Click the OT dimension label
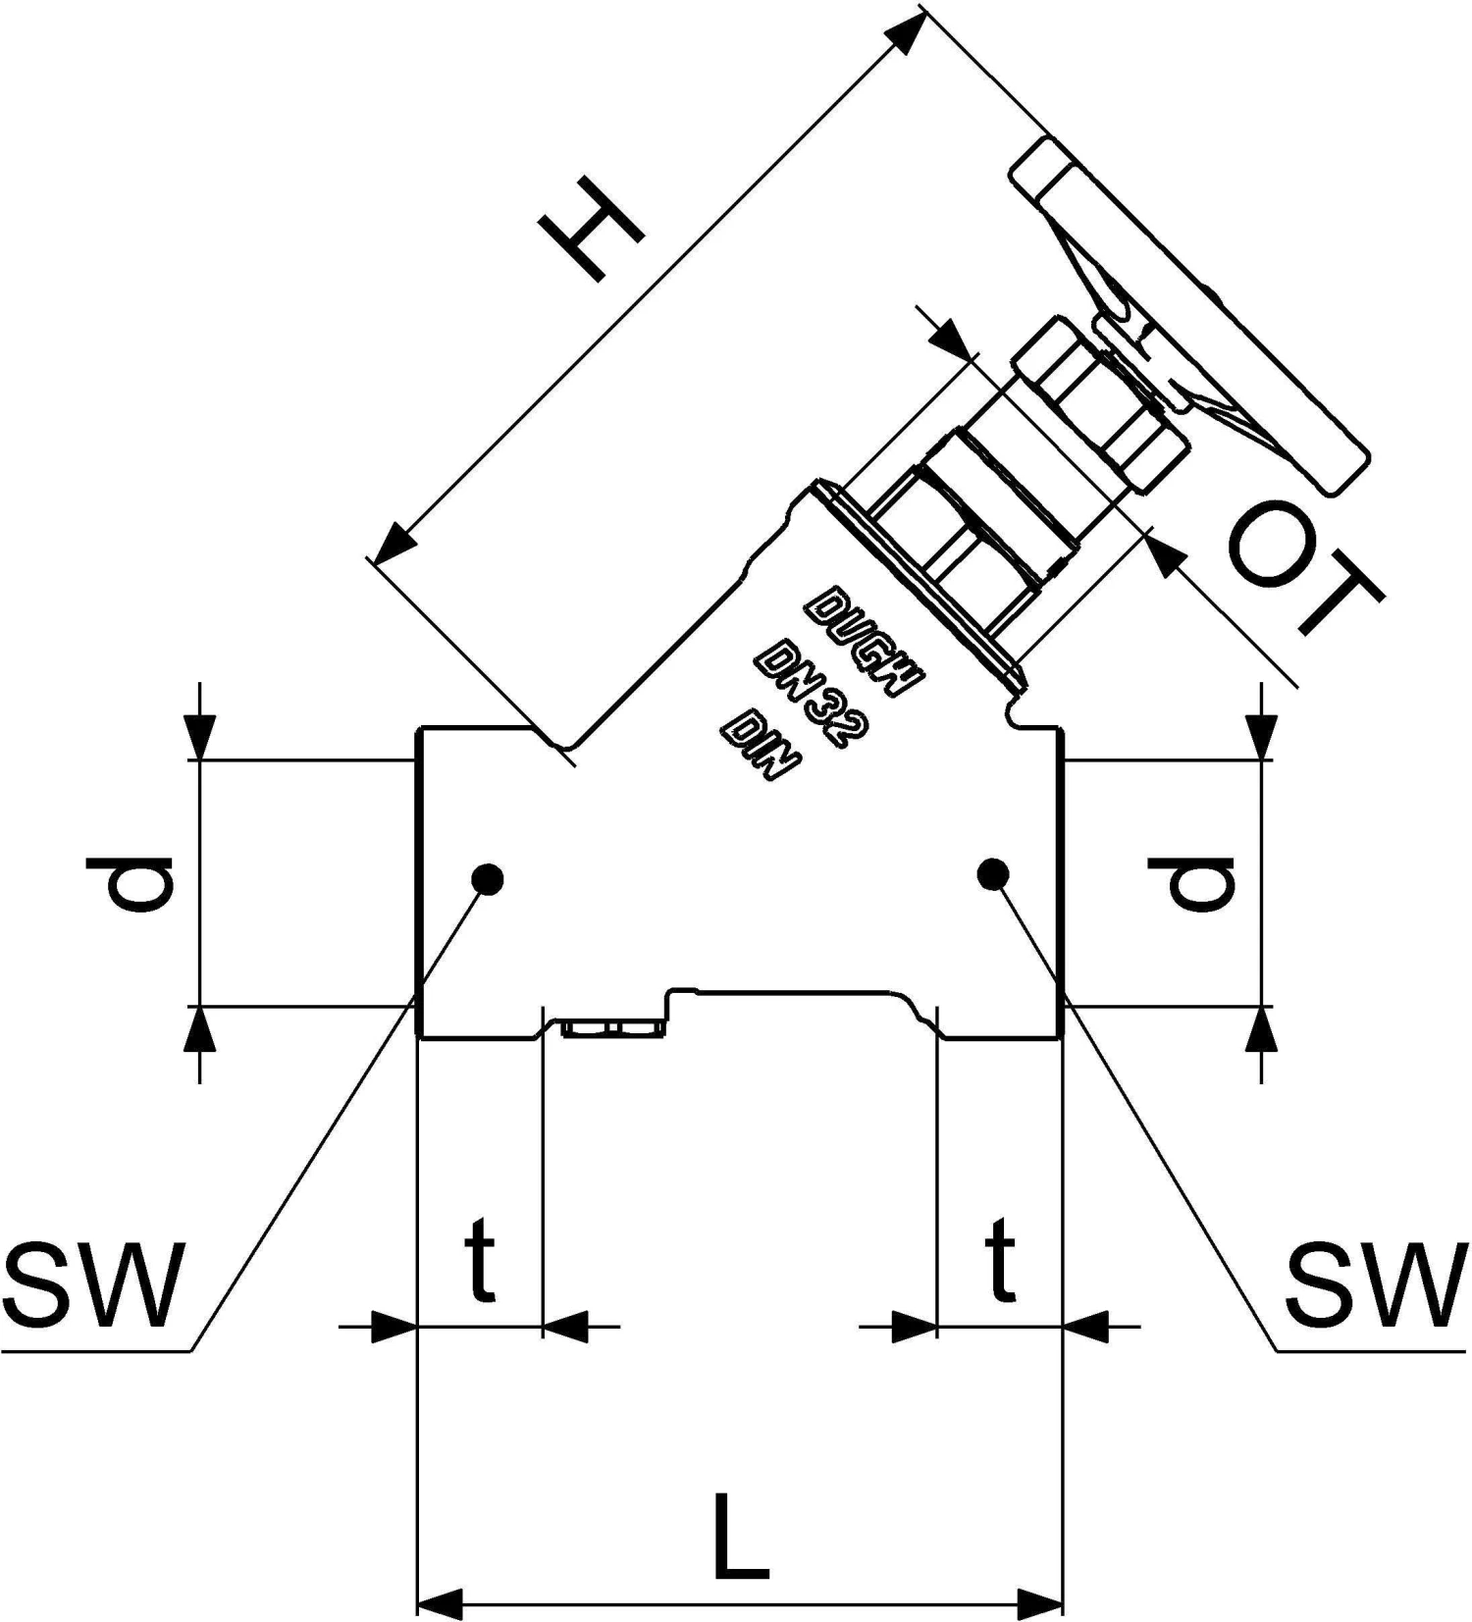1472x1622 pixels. tap(1305, 566)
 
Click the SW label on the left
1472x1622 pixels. tap(94, 1284)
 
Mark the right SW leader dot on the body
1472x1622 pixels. tap(993, 872)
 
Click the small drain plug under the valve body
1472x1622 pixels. tap(609, 1027)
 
